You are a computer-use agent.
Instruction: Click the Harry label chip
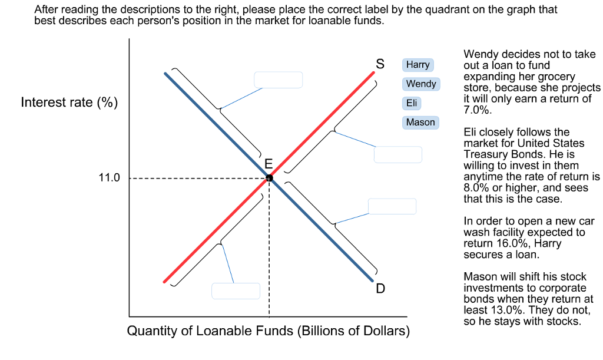tap(418, 64)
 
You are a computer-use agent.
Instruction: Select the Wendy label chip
tap(421, 84)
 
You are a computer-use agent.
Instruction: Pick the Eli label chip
tap(412, 103)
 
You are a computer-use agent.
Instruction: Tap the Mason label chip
tap(420, 123)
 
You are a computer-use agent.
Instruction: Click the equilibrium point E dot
tap(269, 178)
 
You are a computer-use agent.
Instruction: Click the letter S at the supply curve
tap(380, 63)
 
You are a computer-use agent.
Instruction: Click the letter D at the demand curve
tap(380, 289)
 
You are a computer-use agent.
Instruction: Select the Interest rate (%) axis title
tap(69, 103)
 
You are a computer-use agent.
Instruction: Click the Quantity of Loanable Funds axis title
tap(269, 331)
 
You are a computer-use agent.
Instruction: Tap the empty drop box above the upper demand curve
tap(278, 80)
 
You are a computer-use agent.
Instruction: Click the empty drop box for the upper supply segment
tap(398, 154)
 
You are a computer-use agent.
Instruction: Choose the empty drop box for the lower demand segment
tap(392, 206)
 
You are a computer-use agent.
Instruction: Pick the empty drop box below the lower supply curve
tap(236, 291)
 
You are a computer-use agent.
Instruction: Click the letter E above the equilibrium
tap(269, 163)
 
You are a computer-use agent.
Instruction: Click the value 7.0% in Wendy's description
tap(477, 110)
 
